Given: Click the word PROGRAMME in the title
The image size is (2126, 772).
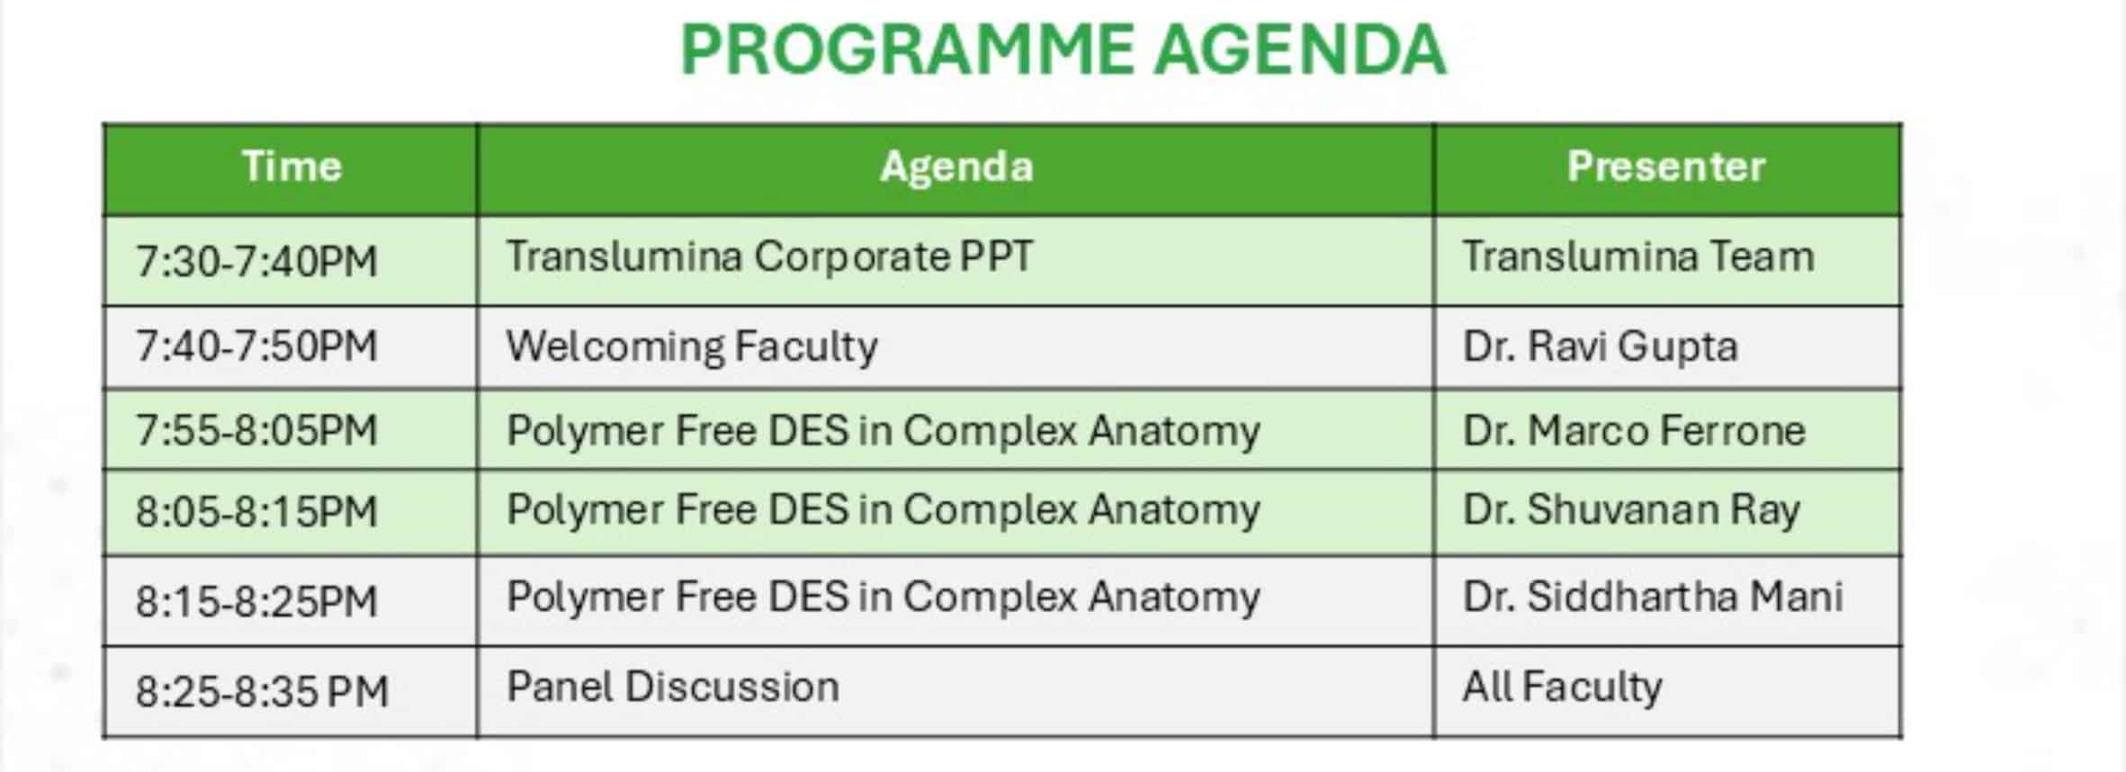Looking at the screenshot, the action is (x=908, y=50).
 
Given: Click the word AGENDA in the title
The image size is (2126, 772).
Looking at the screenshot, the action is (x=1301, y=50).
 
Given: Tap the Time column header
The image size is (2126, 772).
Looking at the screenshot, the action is (x=292, y=166).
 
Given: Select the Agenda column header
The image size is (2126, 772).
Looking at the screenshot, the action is (x=956, y=167).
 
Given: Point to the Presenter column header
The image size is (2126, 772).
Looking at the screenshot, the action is (x=1666, y=166).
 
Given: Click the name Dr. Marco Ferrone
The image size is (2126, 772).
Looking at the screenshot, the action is (x=1634, y=430).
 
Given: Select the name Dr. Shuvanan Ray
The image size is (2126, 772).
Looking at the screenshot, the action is (x=1631, y=510).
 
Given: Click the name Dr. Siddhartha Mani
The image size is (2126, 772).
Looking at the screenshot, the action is (x=1654, y=597).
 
